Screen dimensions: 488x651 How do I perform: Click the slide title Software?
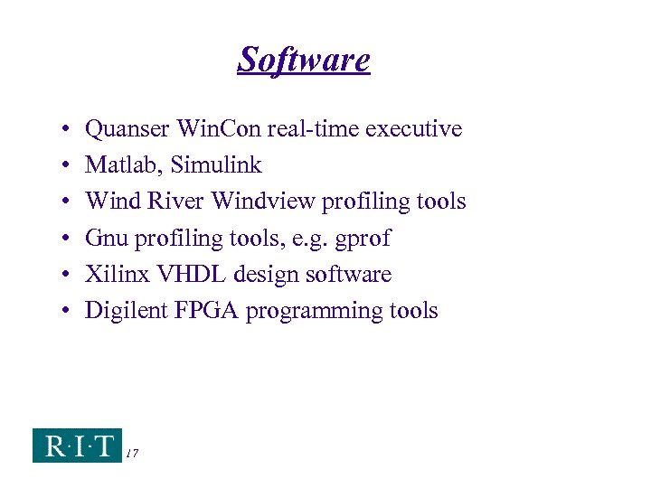(304, 60)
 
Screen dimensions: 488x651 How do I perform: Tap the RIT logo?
(77, 445)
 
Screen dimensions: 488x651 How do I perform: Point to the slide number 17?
(132, 453)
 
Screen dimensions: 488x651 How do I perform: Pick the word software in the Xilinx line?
(347, 274)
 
